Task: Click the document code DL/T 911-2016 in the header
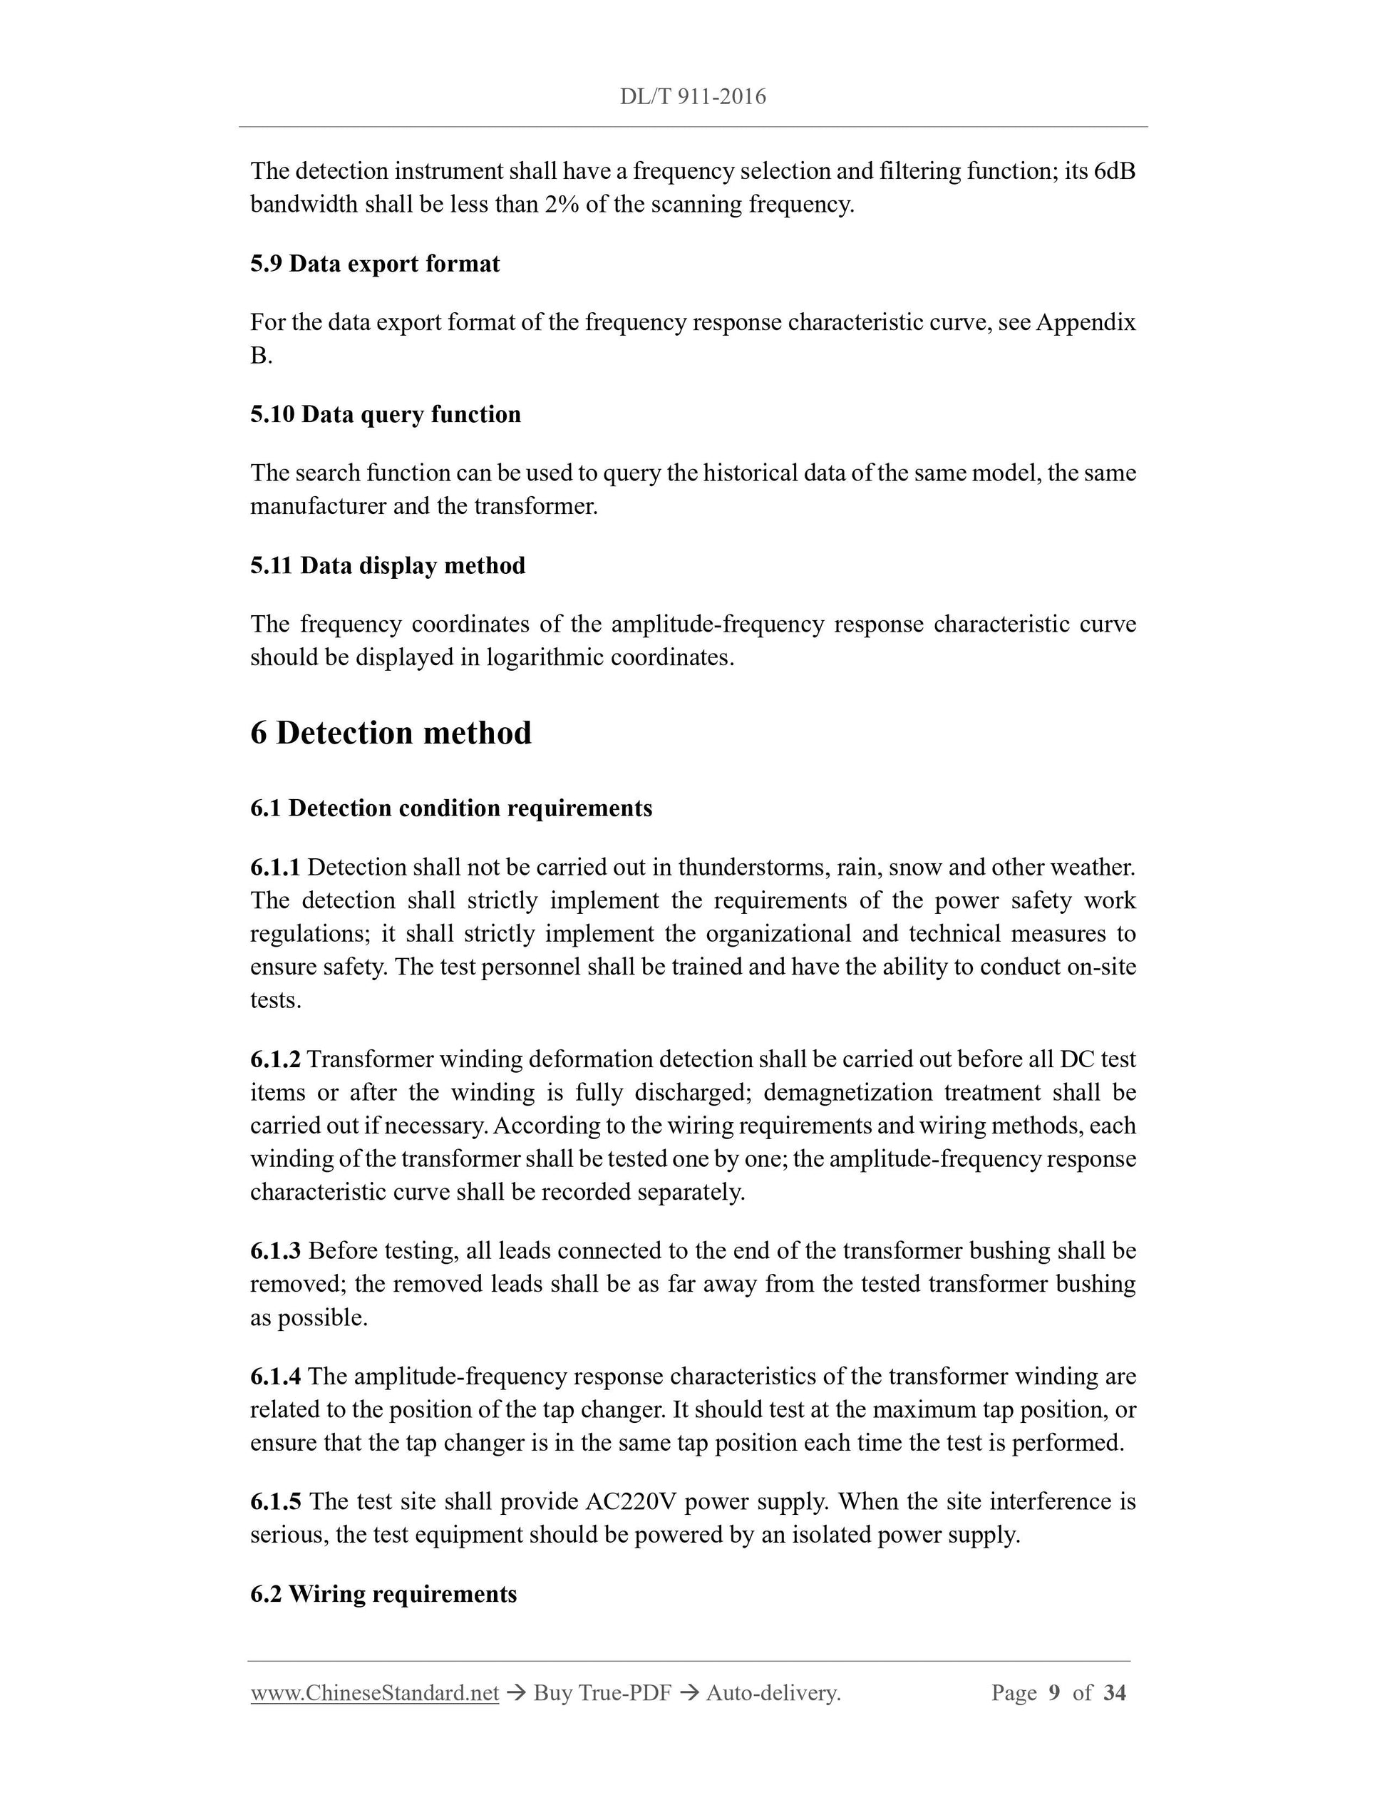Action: point(693,97)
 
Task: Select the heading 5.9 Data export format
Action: point(375,264)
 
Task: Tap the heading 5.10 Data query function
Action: point(386,414)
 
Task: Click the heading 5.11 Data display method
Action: point(388,565)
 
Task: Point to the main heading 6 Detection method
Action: point(391,732)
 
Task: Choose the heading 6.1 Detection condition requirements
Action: point(451,808)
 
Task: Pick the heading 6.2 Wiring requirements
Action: point(383,1595)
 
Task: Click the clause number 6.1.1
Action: point(275,868)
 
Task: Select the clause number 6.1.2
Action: point(275,1059)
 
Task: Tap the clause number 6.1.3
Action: point(275,1251)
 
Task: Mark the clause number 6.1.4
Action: point(275,1377)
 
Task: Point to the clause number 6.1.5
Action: point(275,1503)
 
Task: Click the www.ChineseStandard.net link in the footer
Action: point(375,1693)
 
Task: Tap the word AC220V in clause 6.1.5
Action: point(630,1503)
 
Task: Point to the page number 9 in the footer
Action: point(1054,1693)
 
